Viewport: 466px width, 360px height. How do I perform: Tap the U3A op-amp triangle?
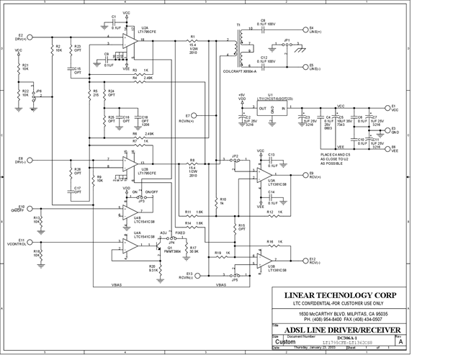pyautogui.click(x=264, y=176)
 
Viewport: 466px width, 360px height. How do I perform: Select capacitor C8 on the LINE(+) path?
pyautogui.click(x=261, y=28)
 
